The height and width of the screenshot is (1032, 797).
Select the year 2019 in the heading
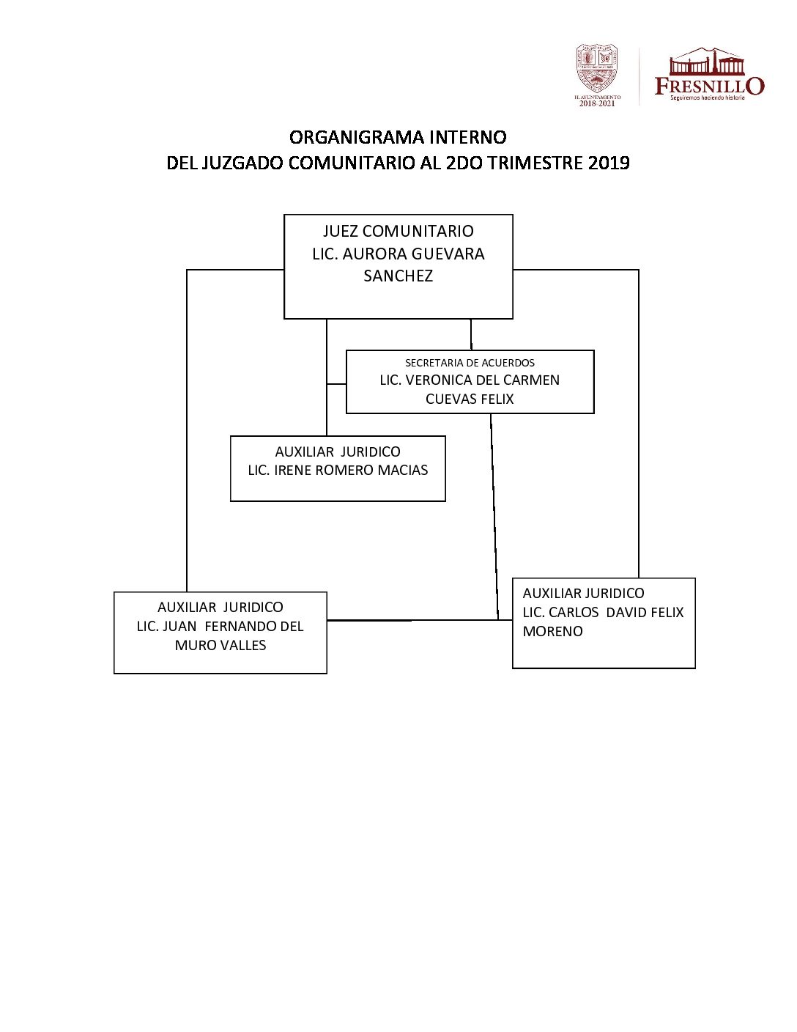(609, 163)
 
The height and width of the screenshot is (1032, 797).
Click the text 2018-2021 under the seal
(597, 103)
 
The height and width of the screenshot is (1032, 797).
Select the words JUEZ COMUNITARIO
(398, 232)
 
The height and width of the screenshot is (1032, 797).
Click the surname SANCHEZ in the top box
(398, 276)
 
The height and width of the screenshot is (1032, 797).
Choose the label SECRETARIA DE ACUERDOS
(470, 363)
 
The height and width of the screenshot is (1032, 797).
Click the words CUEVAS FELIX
(470, 399)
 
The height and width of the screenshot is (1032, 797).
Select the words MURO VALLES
(220, 646)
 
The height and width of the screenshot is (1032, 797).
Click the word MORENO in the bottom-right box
(552, 632)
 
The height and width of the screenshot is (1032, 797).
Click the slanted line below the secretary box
(494, 513)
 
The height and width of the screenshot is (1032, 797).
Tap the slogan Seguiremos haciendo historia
(707, 97)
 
